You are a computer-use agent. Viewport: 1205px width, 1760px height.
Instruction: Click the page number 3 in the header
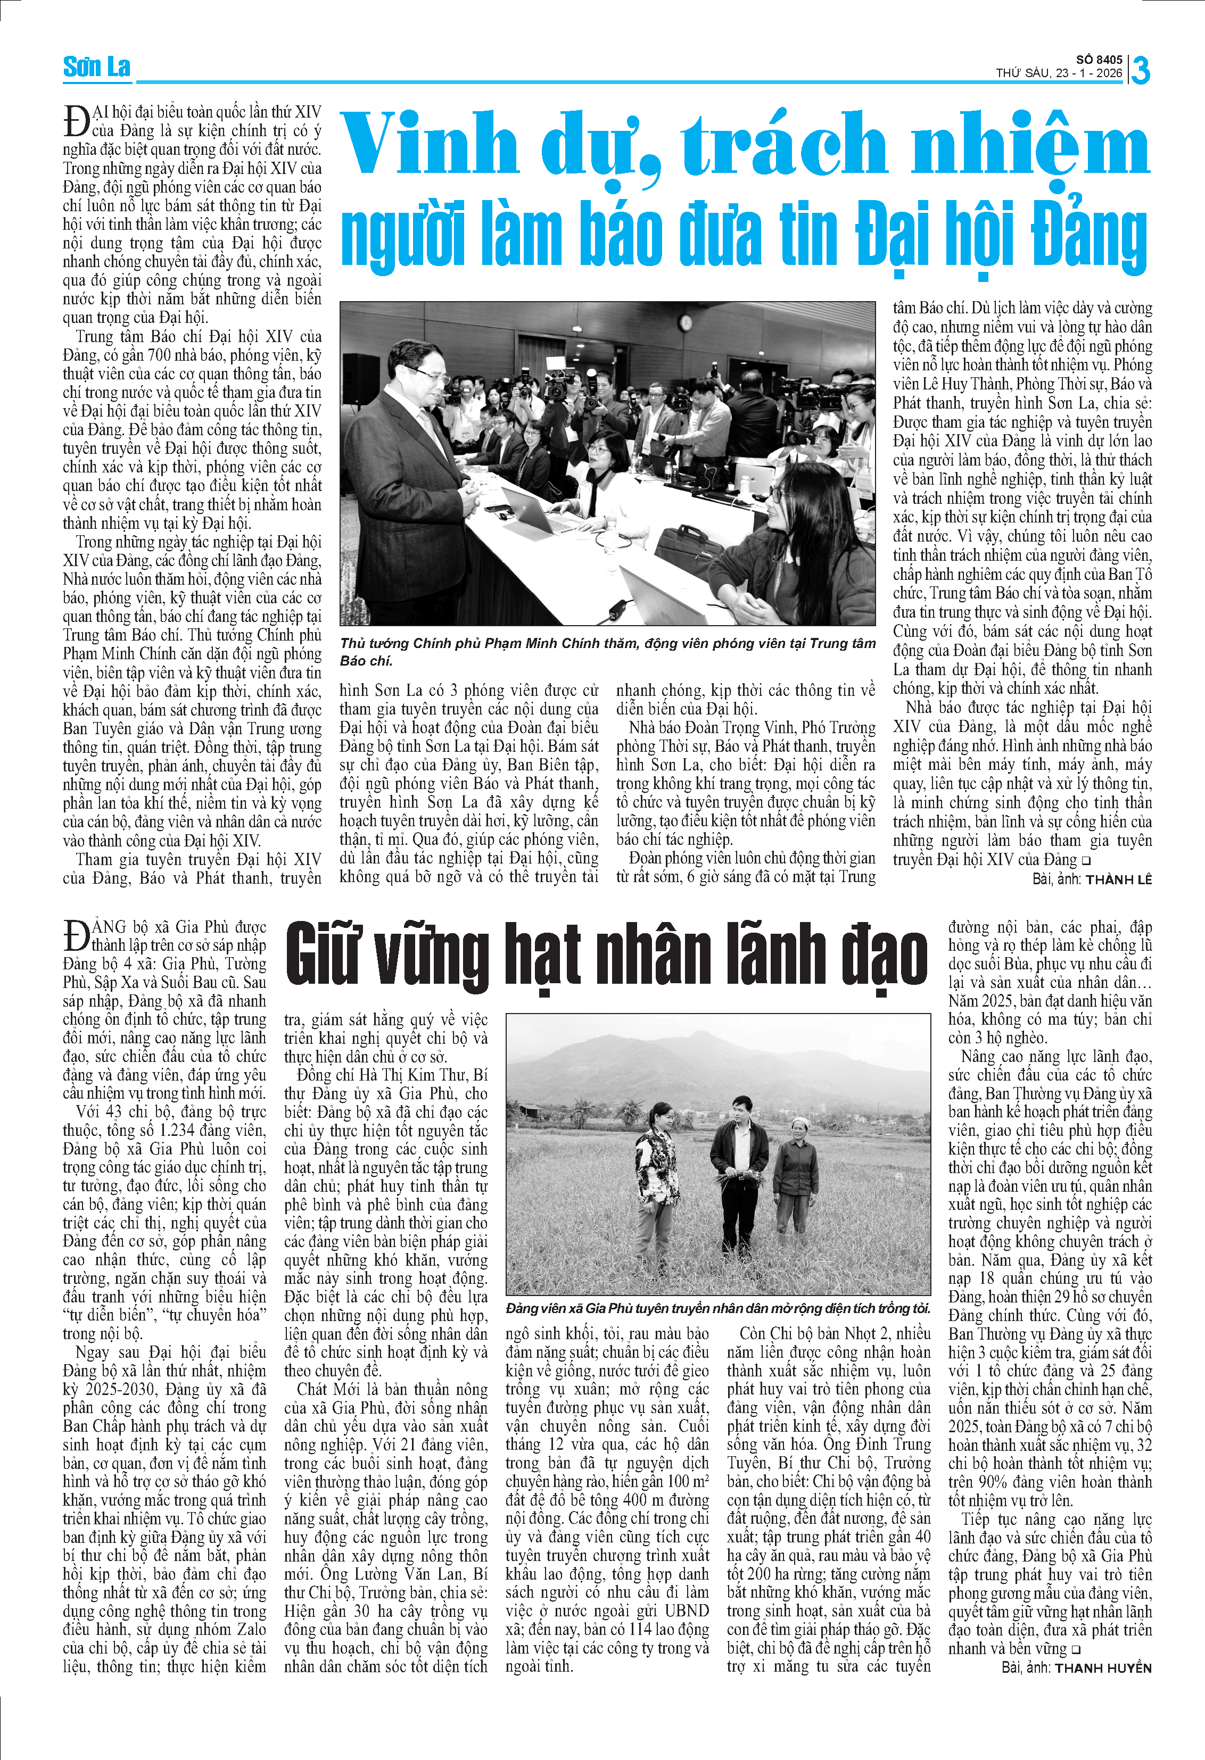coord(1140,70)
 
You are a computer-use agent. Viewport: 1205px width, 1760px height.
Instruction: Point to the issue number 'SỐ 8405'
coord(1099,60)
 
